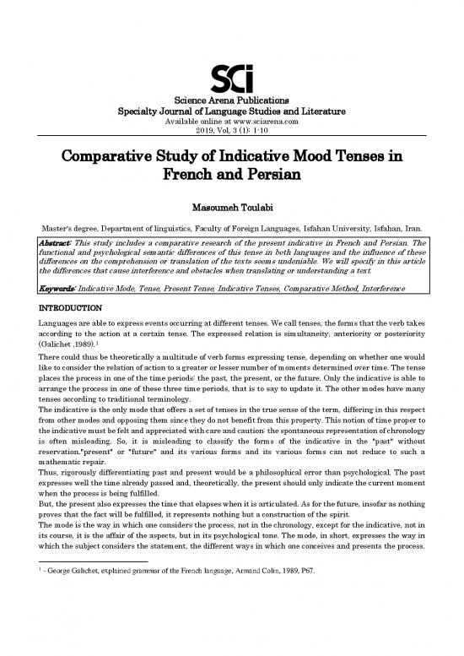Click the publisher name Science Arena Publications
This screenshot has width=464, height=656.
click(x=231, y=100)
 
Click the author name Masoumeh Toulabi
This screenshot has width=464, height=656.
click(x=231, y=207)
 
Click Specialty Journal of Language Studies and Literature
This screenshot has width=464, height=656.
click(x=231, y=112)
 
